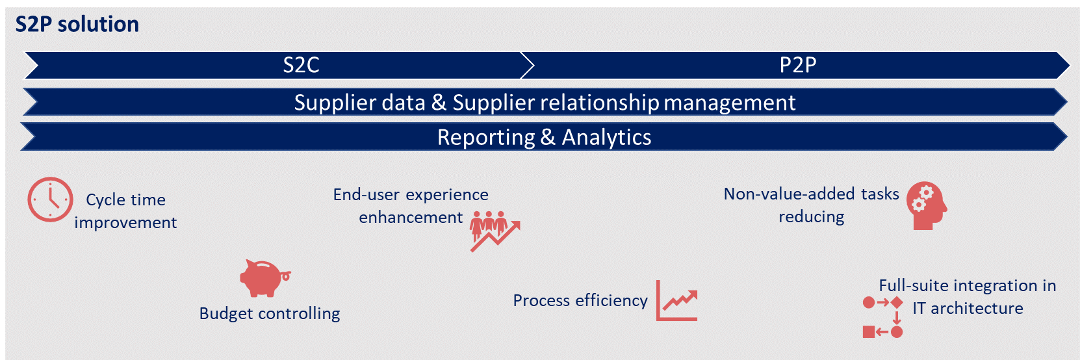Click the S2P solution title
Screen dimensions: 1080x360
(x=77, y=24)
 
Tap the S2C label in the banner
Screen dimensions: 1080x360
(x=302, y=65)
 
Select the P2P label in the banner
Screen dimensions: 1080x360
(x=798, y=65)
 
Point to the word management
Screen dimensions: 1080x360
(x=730, y=103)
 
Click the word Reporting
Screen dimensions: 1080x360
(x=486, y=137)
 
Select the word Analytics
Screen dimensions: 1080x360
(x=606, y=137)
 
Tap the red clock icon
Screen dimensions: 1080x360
(x=50, y=199)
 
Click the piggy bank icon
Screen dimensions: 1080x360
(x=264, y=278)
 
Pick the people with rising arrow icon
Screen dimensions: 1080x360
(x=495, y=231)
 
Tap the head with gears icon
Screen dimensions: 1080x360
(x=927, y=206)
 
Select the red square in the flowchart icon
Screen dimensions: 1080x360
(x=869, y=332)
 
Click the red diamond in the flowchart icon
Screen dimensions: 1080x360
(x=897, y=303)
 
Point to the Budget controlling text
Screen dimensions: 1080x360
(x=270, y=314)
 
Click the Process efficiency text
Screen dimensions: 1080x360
(x=580, y=301)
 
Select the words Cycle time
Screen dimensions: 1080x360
(x=126, y=200)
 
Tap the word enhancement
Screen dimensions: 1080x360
(x=411, y=218)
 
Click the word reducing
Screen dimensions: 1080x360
(x=812, y=217)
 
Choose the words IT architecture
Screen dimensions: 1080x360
(x=968, y=309)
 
